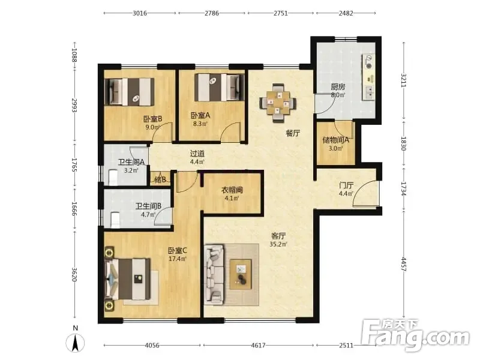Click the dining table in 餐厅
click(278, 103)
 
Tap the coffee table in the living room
click(241, 274)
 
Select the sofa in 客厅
click(214, 274)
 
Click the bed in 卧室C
click(128, 279)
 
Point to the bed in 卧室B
click(129, 92)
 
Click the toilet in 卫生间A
click(113, 178)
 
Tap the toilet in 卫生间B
click(115, 220)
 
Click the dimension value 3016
click(140, 13)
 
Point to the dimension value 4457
click(404, 265)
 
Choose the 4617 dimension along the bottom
click(258, 346)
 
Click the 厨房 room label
click(338, 86)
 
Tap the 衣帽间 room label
click(232, 190)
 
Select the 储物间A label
click(335, 140)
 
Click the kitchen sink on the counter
click(368, 92)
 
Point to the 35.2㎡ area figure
click(278, 244)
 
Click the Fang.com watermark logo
click(416, 335)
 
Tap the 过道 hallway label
click(197, 154)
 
